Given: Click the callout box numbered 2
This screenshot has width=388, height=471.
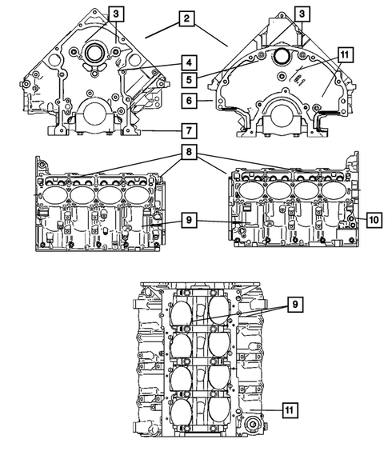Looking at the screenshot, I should (x=186, y=18).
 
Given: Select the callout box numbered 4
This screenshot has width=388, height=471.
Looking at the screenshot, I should (x=186, y=62).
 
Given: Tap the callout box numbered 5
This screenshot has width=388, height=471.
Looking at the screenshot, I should (x=186, y=80).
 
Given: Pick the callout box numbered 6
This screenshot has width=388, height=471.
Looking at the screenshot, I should (x=186, y=102).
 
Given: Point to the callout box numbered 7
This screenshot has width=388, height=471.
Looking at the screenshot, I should (x=186, y=130).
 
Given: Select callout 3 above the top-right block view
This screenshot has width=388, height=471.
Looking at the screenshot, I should (x=302, y=14).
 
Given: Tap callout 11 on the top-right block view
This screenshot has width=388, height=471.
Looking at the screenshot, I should (x=345, y=54).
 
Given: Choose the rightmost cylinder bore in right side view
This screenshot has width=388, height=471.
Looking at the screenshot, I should (x=334, y=192).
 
